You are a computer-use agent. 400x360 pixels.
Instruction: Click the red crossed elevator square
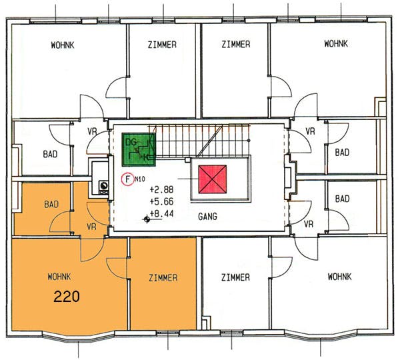click(x=213, y=179)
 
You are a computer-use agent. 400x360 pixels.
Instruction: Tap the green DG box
click(x=139, y=149)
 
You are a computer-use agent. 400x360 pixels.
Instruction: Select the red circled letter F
click(x=127, y=179)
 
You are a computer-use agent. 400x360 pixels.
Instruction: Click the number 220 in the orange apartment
click(x=67, y=297)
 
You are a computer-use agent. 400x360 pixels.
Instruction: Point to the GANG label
click(x=207, y=217)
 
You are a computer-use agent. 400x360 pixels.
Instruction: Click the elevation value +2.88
click(x=162, y=189)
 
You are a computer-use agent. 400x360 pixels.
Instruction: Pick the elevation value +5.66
click(x=162, y=201)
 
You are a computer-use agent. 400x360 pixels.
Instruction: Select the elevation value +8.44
click(x=162, y=213)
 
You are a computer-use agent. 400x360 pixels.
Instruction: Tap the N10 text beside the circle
click(x=140, y=179)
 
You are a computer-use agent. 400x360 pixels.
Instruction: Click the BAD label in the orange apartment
click(x=51, y=205)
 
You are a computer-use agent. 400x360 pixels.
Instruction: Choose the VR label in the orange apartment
click(x=91, y=226)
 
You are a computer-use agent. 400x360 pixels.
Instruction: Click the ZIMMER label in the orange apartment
click(x=163, y=277)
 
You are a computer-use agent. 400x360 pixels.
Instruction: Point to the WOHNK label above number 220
click(x=59, y=277)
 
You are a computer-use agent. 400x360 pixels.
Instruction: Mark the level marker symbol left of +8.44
click(x=147, y=219)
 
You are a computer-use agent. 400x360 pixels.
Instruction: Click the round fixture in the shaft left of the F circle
click(x=103, y=185)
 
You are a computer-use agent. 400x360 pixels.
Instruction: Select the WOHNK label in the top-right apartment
click(x=336, y=43)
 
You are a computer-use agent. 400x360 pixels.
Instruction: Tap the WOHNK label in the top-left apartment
click(x=63, y=45)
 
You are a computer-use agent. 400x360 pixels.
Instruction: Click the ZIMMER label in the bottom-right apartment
click(x=235, y=277)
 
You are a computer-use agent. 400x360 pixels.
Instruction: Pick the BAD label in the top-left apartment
click(x=50, y=154)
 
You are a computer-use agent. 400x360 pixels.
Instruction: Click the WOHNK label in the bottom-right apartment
click(x=339, y=277)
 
